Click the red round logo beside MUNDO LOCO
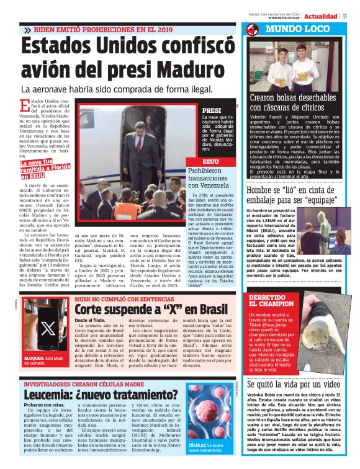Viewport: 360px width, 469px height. coord(251,30)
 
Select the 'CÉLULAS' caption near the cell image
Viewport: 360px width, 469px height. coord(198,445)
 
